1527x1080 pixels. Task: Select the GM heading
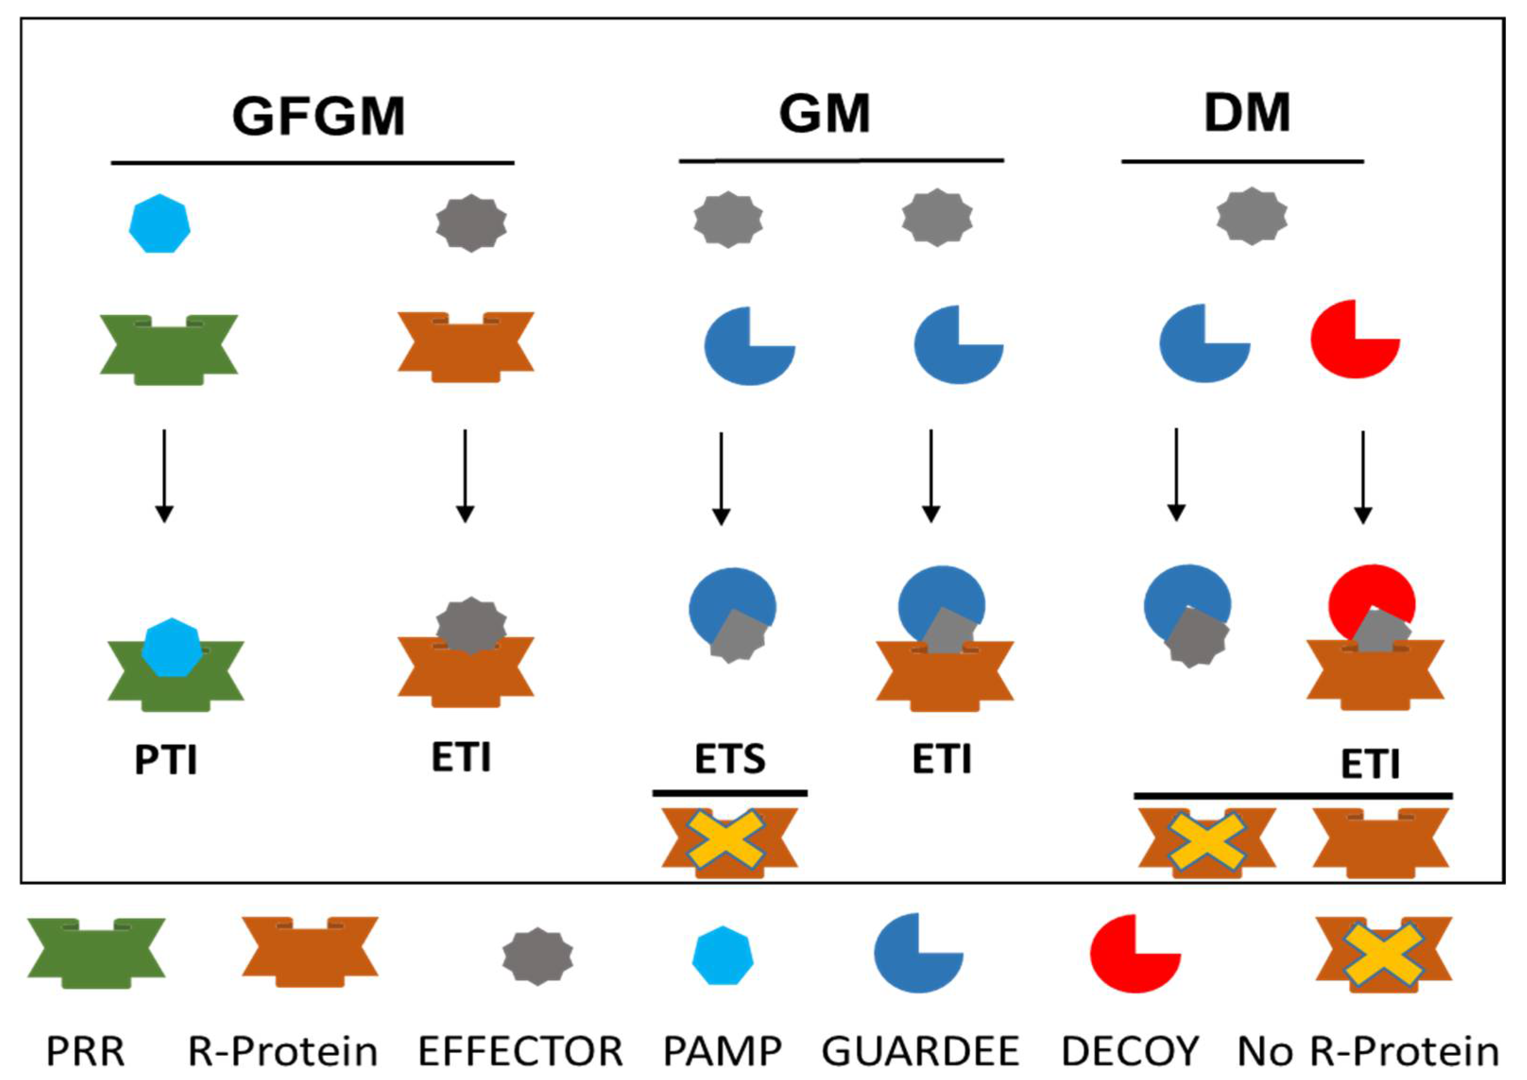pos(824,114)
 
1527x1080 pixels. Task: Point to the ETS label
pos(730,758)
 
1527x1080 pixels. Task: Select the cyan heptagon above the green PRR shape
pos(160,224)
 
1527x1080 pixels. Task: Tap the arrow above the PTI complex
pos(164,476)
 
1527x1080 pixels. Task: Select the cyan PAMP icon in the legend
pos(722,956)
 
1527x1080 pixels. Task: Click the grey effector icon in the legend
pos(537,956)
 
